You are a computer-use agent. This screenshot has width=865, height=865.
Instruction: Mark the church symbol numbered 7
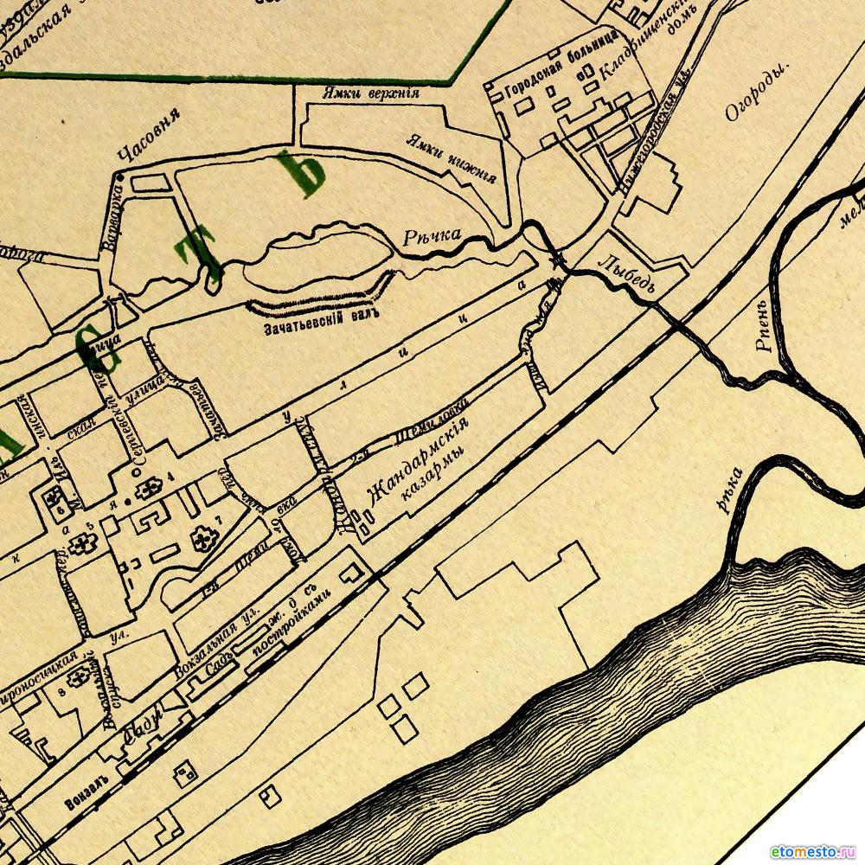pyautogui.click(x=204, y=541)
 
